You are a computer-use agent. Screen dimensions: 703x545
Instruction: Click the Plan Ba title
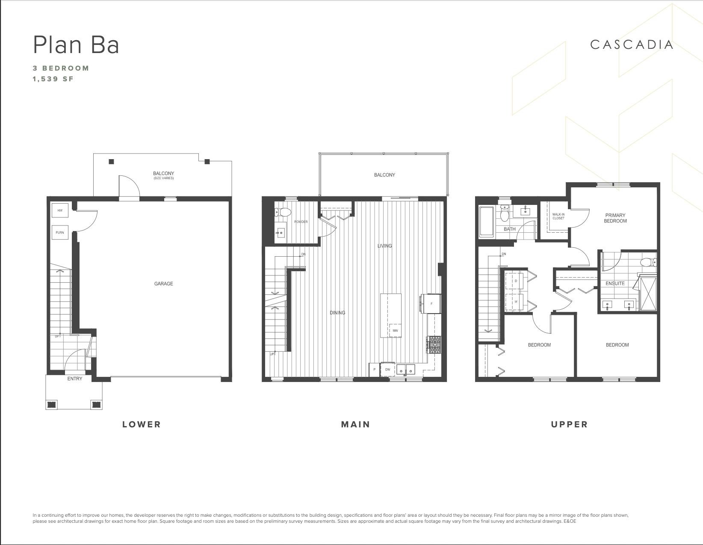(x=76, y=44)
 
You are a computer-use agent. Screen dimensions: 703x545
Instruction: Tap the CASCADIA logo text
(x=632, y=44)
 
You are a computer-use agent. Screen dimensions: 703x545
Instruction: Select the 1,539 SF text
(x=53, y=79)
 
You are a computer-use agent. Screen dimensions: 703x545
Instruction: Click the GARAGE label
(x=163, y=284)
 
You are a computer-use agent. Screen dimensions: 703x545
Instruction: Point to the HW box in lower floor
(x=60, y=210)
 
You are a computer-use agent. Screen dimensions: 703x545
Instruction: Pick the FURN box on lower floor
(x=60, y=232)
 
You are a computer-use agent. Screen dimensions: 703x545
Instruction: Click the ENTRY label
(x=75, y=379)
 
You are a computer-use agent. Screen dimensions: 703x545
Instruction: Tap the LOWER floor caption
(x=142, y=424)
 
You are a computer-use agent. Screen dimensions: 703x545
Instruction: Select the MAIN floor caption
(x=355, y=424)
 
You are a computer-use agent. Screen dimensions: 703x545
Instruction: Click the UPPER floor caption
(x=570, y=424)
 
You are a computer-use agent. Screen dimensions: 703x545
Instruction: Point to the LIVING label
(x=385, y=246)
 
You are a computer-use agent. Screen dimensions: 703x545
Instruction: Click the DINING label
(x=337, y=313)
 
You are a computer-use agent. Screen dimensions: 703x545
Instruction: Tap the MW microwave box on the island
(x=396, y=330)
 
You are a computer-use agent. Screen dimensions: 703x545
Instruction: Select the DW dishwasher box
(x=387, y=370)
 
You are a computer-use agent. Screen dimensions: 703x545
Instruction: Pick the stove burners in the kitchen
(x=434, y=345)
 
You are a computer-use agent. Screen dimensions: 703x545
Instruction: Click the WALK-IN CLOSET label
(x=558, y=216)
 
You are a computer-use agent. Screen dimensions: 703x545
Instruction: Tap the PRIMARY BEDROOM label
(x=615, y=218)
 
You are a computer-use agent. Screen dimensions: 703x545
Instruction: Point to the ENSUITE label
(x=615, y=284)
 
